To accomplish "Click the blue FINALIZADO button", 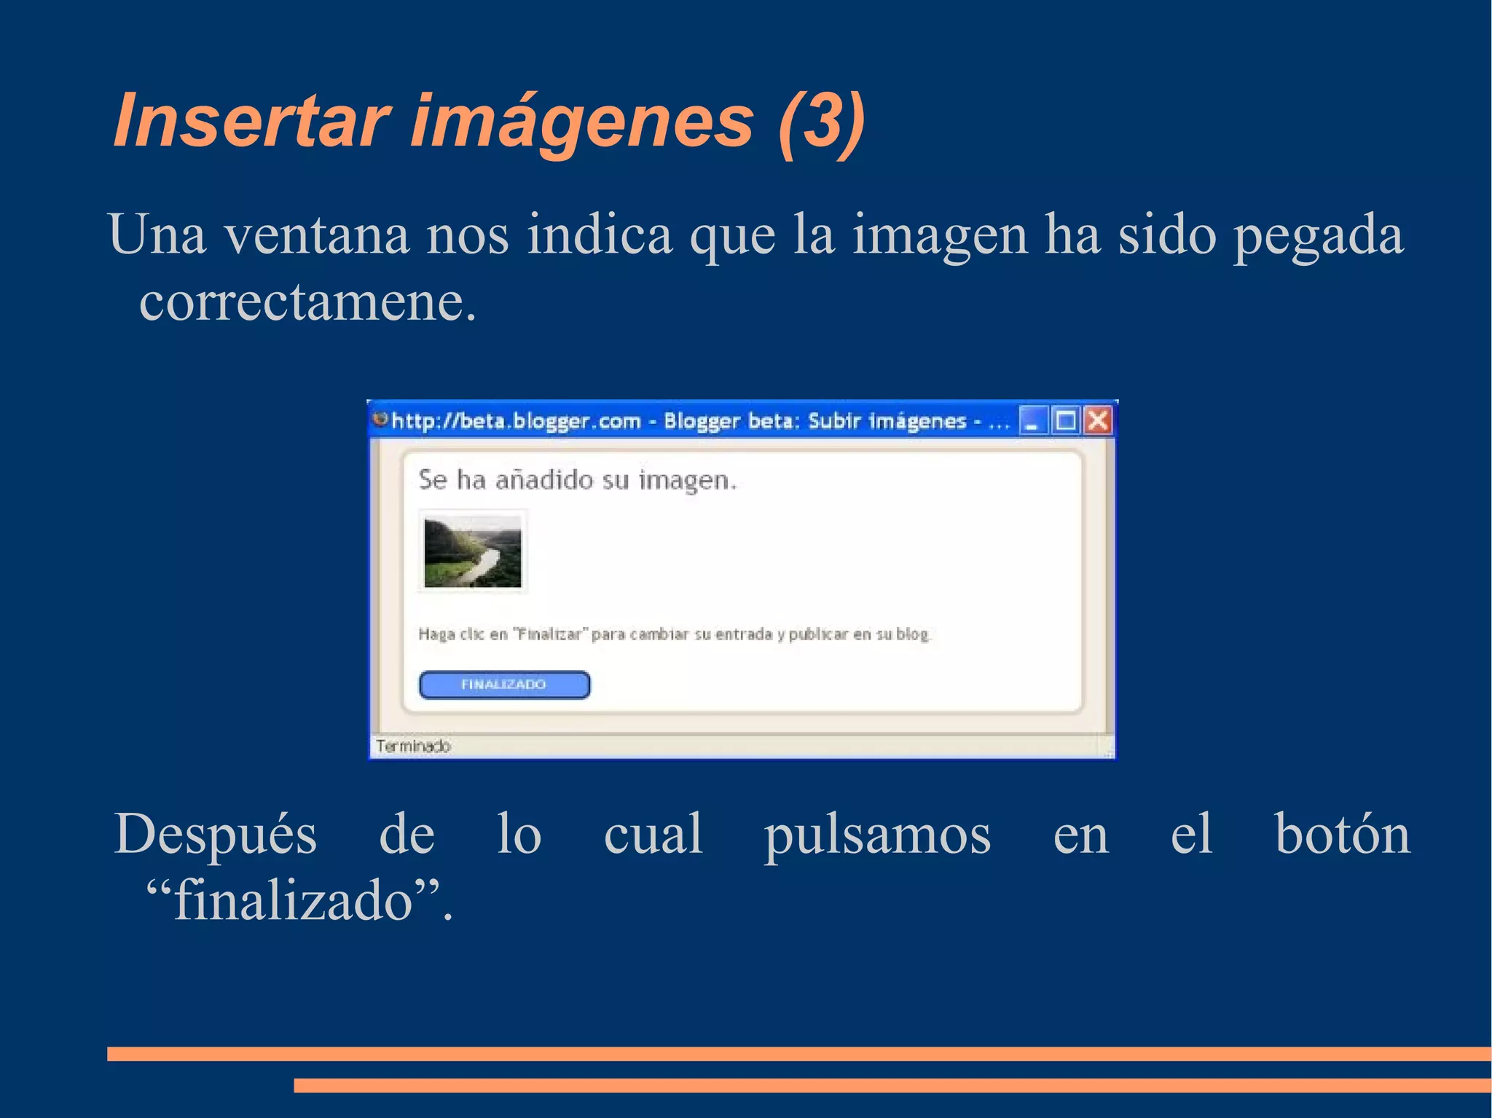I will [504, 685].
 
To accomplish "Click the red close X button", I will [1098, 420].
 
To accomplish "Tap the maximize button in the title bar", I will [1065, 420].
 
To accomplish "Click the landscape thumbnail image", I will [473, 551].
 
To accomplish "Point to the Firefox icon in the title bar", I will [380, 420].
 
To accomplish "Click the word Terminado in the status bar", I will [413, 746].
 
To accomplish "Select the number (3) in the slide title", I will [821, 121].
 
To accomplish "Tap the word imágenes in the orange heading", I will [582, 121].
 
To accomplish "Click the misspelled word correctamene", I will [307, 302].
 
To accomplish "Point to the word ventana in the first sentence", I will [315, 235].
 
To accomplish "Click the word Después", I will [216, 835].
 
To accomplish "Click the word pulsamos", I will [877, 835].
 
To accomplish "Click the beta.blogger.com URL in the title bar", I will [516, 421].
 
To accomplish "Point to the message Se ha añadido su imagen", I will [578, 480].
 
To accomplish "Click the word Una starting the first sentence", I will [157, 235].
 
